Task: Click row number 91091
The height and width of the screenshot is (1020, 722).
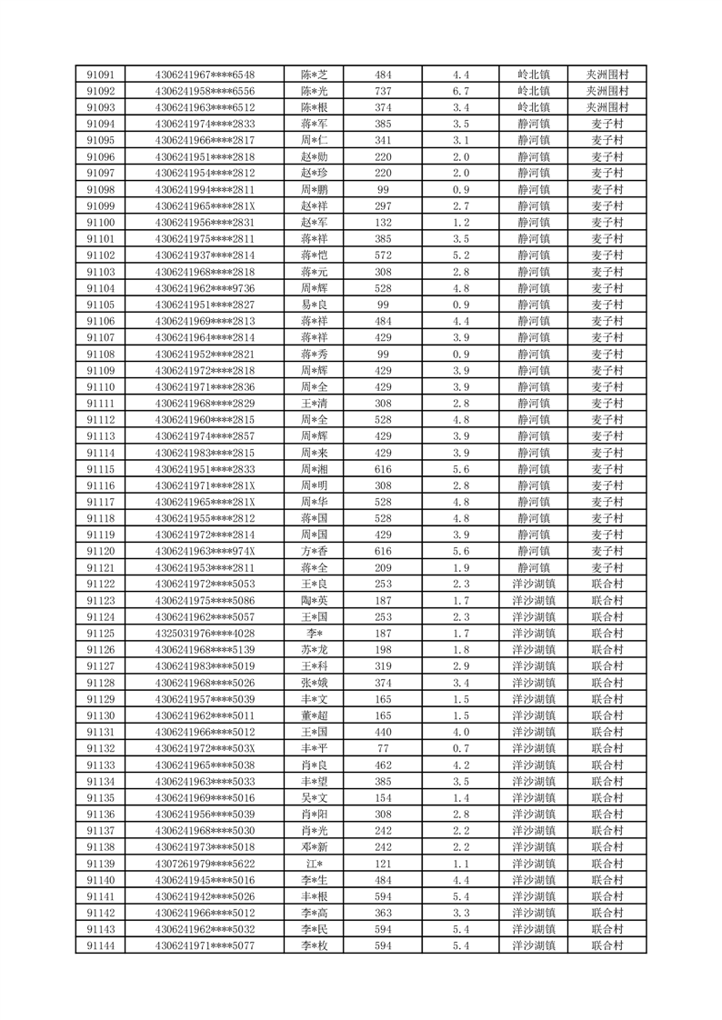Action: pyautogui.click(x=100, y=75)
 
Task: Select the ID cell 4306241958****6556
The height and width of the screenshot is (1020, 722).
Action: pyautogui.click(x=206, y=91)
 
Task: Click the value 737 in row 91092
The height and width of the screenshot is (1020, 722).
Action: pyautogui.click(x=383, y=91)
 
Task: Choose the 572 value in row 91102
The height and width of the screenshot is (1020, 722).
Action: pyautogui.click(x=383, y=255)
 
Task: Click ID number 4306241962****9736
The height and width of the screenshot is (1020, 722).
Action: pyautogui.click(x=206, y=288)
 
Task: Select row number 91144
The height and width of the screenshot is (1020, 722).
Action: pyautogui.click(x=100, y=945)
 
